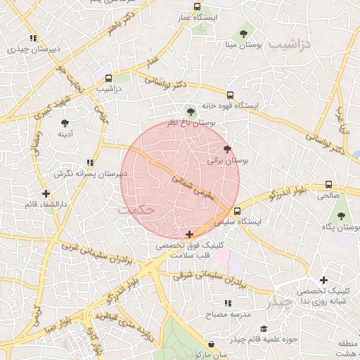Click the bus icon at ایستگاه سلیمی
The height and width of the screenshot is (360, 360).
point(237,210)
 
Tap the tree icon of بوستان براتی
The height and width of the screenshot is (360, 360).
point(226,150)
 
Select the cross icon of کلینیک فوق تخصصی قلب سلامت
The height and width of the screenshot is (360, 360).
point(189,234)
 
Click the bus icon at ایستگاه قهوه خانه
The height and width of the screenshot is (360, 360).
point(230,95)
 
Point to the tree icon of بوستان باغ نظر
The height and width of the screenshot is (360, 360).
point(190,110)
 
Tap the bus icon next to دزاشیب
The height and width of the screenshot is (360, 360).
point(108,79)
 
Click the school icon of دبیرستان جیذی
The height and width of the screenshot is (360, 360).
point(32,39)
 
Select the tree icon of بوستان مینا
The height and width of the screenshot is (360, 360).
point(243,33)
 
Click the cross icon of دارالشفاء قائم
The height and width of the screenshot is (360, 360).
point(46,193)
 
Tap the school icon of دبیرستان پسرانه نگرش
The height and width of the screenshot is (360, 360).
point(89,162)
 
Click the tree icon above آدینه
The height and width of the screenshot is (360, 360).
point(65,123)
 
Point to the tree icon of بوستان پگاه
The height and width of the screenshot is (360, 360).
point(342,216)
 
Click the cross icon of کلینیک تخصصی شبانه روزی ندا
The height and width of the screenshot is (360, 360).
point(323,281)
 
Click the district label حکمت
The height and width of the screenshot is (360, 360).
point(136,210)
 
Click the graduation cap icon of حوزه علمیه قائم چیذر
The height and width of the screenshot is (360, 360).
point(264,329)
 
